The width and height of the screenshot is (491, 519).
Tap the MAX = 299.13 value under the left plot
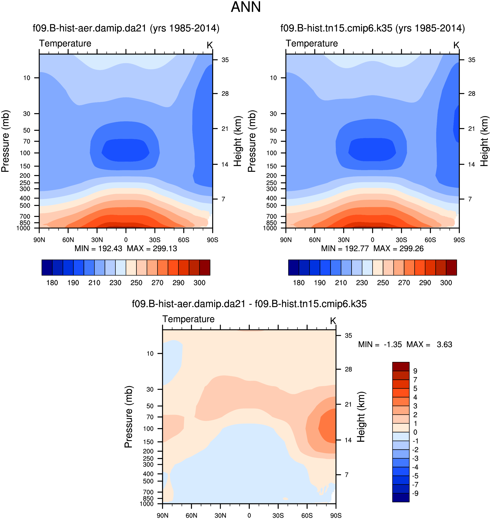152,249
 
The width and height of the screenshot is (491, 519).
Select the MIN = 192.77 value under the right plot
345,249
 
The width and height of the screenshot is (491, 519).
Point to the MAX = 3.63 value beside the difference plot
429,344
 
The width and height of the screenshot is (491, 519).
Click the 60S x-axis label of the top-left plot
184,240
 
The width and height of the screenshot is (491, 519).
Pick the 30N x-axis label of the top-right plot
343,240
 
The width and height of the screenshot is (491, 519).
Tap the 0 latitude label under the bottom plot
249,515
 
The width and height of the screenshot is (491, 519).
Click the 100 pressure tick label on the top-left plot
25,153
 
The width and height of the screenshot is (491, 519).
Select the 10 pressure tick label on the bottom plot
150,354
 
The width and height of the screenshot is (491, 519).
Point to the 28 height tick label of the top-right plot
472,94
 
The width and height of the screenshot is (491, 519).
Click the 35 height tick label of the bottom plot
348,336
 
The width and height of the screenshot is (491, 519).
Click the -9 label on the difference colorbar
415,493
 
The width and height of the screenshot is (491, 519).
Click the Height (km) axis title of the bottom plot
361,417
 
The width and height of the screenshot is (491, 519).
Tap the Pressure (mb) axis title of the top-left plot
5,141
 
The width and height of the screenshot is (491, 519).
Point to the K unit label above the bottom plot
333,321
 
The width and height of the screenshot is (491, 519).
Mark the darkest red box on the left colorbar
205,267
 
